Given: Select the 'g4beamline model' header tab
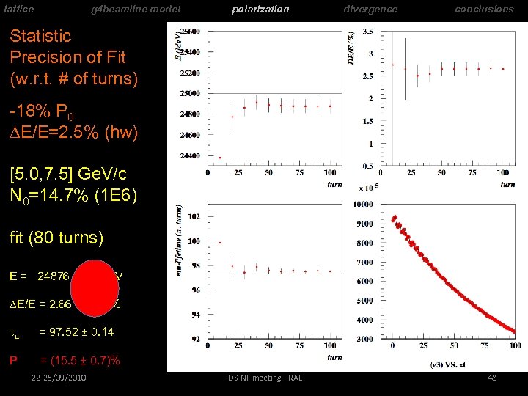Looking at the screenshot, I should pyautogui.click(x=135, y=9).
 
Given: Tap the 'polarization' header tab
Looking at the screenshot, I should pyautogui.click(x=260, y=9).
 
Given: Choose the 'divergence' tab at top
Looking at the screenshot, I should pyautogui.click(x=371, y=9).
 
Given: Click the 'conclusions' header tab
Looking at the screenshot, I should pyautogui.click(x=484, y=9).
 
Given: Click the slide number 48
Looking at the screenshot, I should pyautogui.click(x=492, y=378).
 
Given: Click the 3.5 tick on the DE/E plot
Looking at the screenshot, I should pyautogui.click(x=367, y=32).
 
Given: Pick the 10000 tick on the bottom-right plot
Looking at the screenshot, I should pyautogui.click(x=364, y=204).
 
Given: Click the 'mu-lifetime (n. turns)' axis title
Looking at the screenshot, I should pyautogui.click(x=180, y=239).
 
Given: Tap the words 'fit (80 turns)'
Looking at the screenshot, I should pyautogui.click(x=56, y=238).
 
